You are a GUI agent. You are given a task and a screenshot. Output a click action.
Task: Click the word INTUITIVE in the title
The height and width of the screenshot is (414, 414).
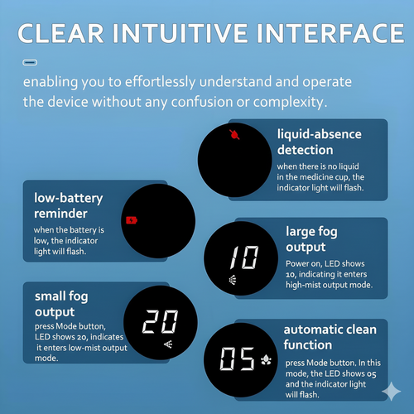(181, 33)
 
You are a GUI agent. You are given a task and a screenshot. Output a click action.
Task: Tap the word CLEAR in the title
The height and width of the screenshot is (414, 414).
(60, 33)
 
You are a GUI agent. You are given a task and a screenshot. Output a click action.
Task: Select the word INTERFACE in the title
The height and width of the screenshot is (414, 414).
(330, 33)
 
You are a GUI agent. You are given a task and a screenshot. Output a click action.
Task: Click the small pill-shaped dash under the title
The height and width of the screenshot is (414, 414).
(30, 63)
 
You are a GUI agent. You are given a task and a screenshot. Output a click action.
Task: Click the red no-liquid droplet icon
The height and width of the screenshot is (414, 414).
(234, 135)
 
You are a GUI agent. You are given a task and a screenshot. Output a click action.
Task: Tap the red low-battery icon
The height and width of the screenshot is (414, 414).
(132, 220)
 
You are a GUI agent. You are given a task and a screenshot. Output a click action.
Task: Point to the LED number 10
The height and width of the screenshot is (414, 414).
(244, 258)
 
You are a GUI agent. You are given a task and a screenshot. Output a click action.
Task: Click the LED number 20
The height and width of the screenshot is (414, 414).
(161, 321)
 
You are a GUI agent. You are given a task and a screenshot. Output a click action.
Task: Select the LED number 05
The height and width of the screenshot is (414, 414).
(238, 359)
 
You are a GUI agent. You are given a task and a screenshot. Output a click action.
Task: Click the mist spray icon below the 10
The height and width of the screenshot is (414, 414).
(233, 280)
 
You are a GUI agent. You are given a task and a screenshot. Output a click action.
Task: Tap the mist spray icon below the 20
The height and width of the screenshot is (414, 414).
(168, 344)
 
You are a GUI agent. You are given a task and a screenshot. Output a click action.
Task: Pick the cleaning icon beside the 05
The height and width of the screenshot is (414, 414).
(266, 359)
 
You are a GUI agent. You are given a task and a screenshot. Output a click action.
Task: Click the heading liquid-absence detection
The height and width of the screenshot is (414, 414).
(320, 142)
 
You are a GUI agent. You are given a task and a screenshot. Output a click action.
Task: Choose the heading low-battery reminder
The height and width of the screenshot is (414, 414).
(69, 206)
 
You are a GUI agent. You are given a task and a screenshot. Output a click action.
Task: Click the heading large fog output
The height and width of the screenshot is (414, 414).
(311, 239)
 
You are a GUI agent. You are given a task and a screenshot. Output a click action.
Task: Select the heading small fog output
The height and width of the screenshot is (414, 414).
(61, 305)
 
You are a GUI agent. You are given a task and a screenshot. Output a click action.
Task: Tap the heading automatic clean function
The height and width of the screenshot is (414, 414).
(330, 337)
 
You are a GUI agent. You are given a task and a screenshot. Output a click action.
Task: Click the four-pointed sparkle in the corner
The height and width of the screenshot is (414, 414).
(392, 391)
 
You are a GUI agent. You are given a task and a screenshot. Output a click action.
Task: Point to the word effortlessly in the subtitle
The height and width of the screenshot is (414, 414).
(161, 82)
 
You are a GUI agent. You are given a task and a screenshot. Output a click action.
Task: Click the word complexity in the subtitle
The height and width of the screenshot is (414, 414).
(290, 103)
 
